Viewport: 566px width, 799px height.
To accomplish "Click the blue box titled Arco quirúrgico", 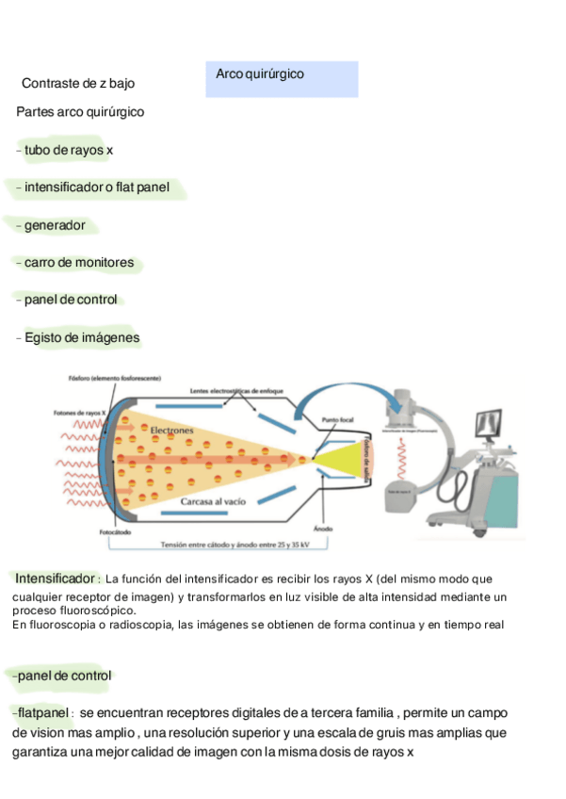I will click(x=282, y=78).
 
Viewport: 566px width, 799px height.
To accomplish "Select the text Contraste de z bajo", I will click(x=77, y=84).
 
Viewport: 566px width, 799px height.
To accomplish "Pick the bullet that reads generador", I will click(x=54, y=225).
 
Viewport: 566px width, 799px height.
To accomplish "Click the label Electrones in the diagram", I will click(x=171, y=430).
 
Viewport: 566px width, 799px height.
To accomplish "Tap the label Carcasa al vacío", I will click(x=213, y=502).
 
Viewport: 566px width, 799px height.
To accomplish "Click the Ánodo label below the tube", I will click(x=323, y=529).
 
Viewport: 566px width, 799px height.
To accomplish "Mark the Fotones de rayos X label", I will click(x=78, y=413).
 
